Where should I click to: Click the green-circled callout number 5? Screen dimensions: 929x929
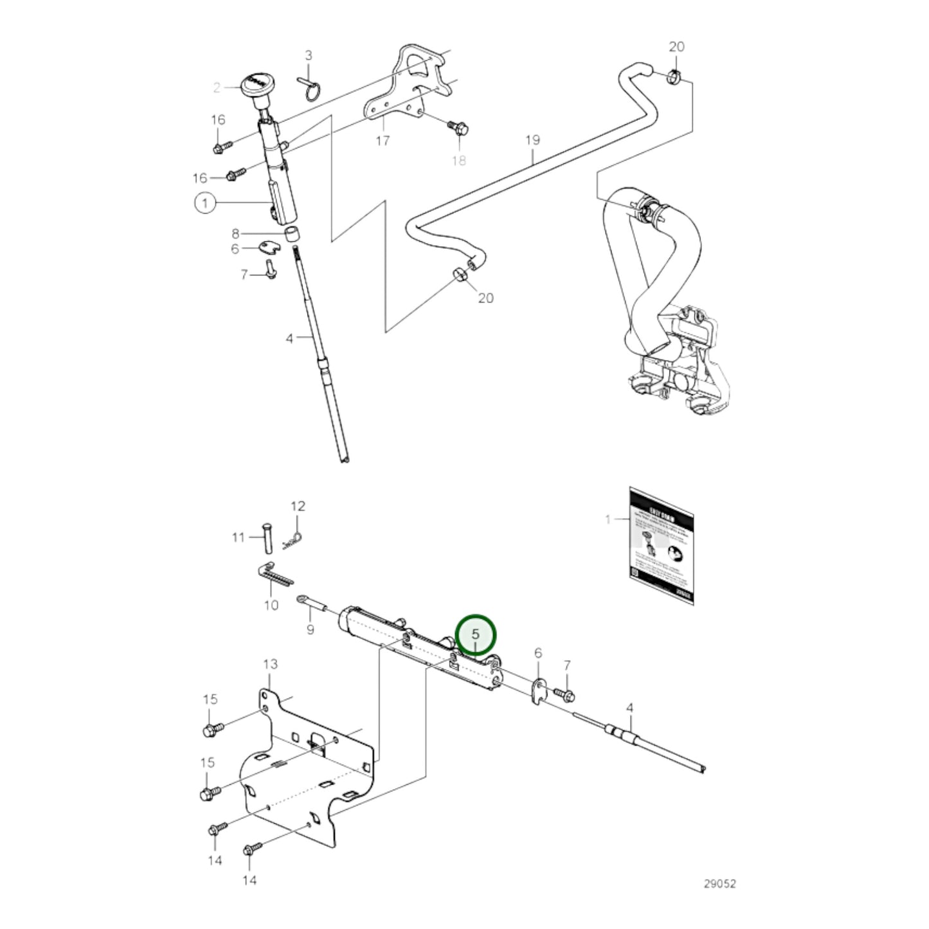pyautogui.click(x=476, y=635)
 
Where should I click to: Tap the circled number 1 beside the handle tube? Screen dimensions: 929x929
pyautogui.click(x=205, y=204)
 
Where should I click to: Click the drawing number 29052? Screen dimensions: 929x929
pyautogui.click(x=719, y=883)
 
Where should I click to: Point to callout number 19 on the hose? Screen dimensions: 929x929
pyautogui.click(x=532, y=140)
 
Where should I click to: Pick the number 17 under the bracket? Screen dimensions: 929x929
pyautogui.click(x=383, y=140)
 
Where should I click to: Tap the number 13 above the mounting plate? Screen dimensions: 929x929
pyautogui.click(x=270, y=663)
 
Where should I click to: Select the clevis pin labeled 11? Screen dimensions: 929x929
pyautogui.click(x=267, y=538)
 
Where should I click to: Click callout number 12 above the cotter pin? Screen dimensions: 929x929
pyautogui.click(x=298, y=506)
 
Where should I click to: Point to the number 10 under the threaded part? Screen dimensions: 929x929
pyautogui.click(x=271, y=604)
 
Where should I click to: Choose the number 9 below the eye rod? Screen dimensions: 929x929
pyautogui.click(x=310, y=629)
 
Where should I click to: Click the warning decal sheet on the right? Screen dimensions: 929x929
pyautogui.click(x=662, y=545)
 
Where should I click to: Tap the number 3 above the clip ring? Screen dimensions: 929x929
pyautogui.click(x=308, y=55)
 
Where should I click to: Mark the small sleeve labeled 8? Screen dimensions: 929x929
pyautogui.click(x=293, y=233)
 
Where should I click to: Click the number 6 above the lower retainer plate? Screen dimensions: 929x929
pyautogui.click(x=538, y=653)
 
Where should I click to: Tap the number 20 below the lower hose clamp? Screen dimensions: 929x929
pyautogui.click(x=486, y=298)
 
